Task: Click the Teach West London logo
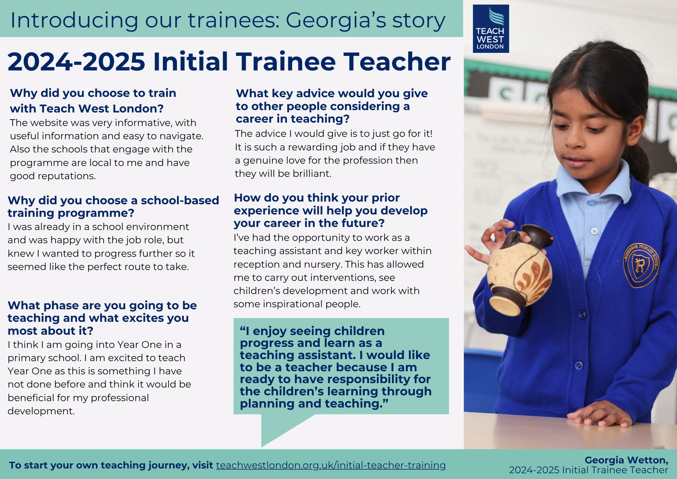(491, 28)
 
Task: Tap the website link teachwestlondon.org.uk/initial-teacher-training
(331, 465)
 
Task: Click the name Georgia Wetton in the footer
(626, 460)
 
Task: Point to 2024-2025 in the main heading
(77, 62)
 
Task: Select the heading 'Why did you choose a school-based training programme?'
(113, 206)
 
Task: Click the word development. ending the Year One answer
(41, 411)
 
